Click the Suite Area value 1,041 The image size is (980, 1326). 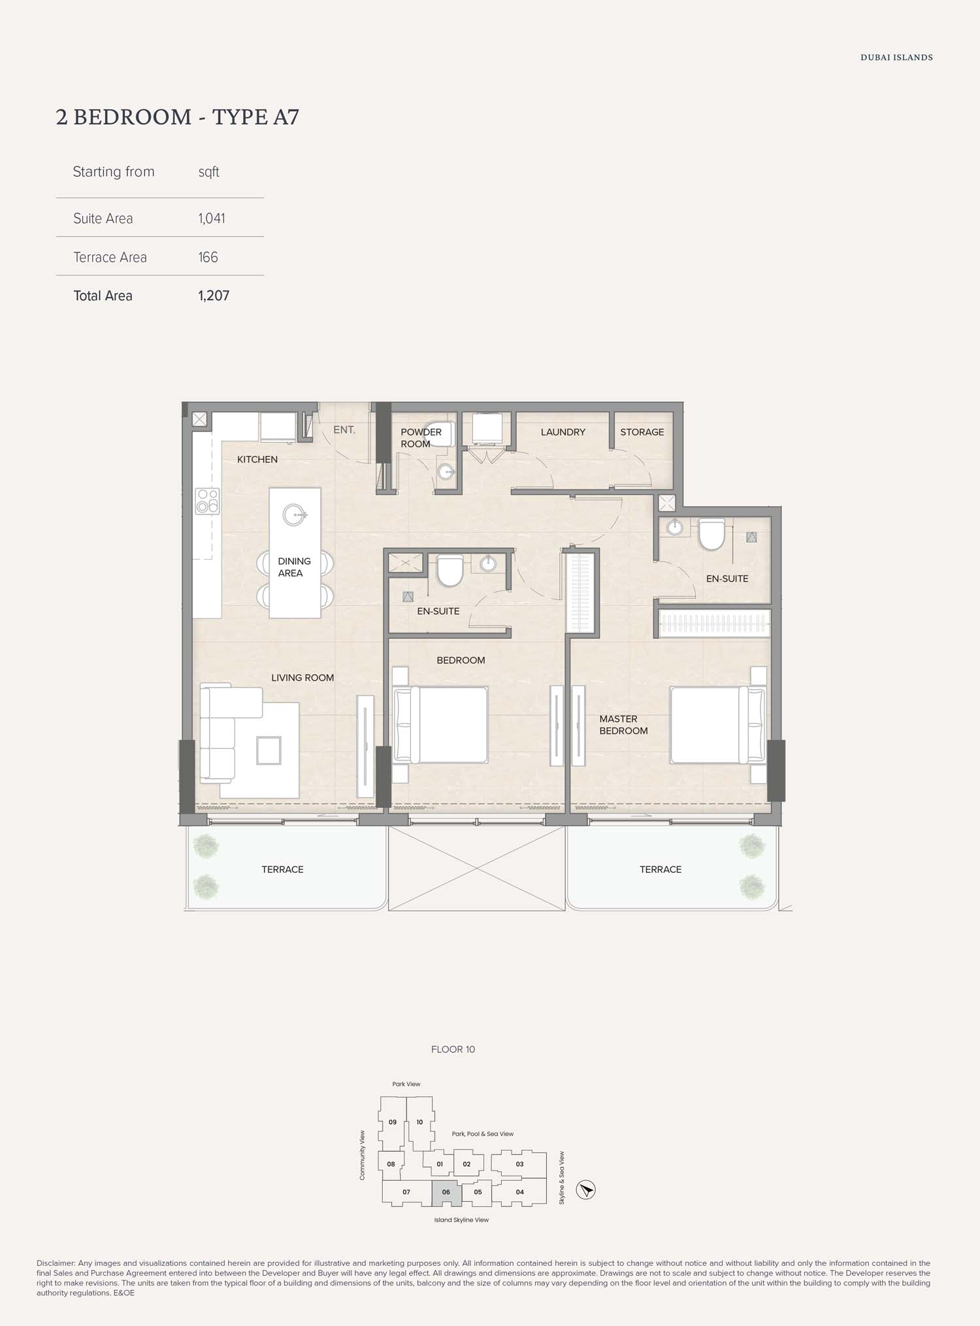[212, 218]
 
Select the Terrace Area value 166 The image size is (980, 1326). [208, 257]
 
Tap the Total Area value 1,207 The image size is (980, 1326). [214, 296]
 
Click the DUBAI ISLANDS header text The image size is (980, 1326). [896, 58]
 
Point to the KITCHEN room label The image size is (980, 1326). [257, 460]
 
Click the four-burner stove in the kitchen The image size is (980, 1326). [208, 501]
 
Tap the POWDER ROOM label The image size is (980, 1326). [421, 438]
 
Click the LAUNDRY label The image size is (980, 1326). [563, 432]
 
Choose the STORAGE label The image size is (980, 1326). [642, 432]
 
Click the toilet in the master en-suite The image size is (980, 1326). [712, 534]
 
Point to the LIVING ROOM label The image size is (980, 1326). [302, 678]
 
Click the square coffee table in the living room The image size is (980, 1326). [269, 750]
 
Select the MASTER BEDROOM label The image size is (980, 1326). [623, 725]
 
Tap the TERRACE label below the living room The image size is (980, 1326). [282, 870]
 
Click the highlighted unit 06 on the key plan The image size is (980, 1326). [446, 1193]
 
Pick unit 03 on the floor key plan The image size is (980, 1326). [519, 1164]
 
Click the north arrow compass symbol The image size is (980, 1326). [587, 1189]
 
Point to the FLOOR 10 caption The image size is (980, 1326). [453, 1049]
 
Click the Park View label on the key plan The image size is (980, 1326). [406, 1084]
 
